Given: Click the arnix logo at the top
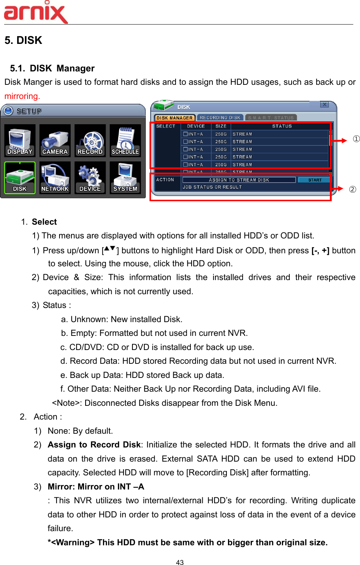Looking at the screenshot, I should point(36,12).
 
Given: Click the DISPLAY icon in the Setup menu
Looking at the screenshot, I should point(20,141).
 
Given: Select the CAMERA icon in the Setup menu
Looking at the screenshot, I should point(55,141).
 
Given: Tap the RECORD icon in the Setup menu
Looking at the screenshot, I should point(90,141).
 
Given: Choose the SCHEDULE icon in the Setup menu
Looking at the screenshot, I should point(125,141).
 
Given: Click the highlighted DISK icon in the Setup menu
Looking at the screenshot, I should point(20,178).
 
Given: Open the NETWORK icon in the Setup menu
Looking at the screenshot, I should point(55,178).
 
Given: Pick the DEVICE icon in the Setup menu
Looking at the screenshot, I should point(90,178).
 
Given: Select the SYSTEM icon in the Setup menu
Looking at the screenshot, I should point(125,178).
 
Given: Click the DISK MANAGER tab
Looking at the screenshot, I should point(174,118).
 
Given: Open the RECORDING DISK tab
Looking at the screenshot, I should point(220,118).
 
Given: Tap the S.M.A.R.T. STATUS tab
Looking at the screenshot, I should point(271,118).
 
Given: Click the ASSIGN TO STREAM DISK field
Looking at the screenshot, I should point(239,180).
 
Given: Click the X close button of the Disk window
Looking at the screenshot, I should point(324,105).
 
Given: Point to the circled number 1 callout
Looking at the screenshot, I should point(356,139).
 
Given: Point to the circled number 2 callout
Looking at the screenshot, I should point(353,189).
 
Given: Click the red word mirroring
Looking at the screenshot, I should point(22,96).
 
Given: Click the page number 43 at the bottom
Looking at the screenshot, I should point(180,562).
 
